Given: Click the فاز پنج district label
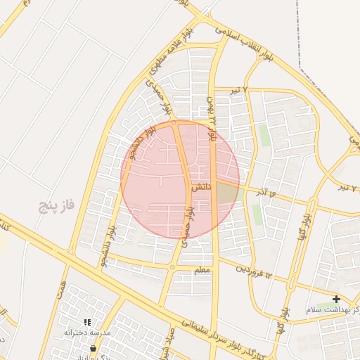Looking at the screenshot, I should coord(57,206).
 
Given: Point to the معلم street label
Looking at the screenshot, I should coord(201,269).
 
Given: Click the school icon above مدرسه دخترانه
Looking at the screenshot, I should coord(87,321).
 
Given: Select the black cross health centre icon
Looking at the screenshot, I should coord(336,299).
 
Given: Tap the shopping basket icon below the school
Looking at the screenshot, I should coord(93,347).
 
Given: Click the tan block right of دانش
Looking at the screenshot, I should coord(226,192).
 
